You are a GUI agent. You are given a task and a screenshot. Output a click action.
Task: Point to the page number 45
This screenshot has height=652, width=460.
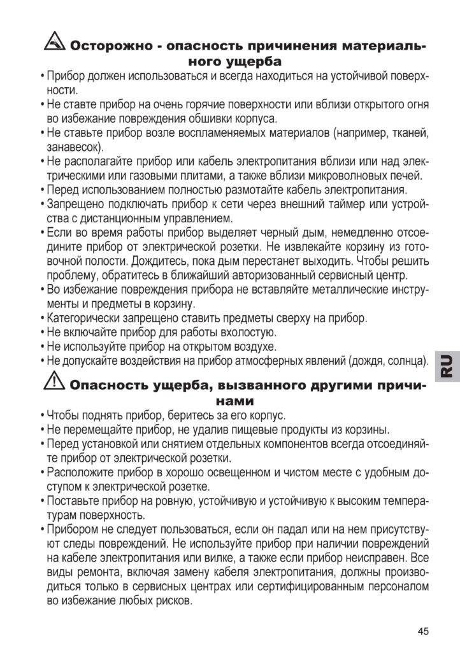point(424,630)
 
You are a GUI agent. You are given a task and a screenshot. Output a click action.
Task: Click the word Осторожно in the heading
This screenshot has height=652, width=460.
point(109,46)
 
